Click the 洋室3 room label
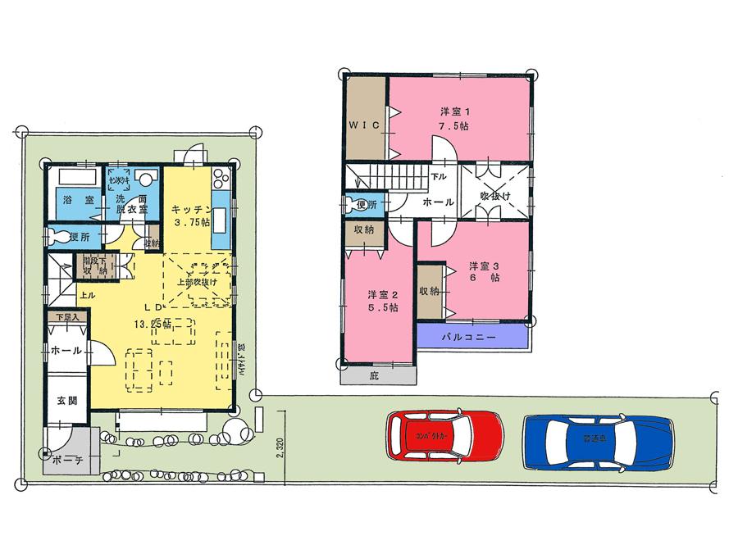(485, 271)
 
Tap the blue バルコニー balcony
(472, 336)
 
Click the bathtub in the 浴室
(75, 179)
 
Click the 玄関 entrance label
(66, 402)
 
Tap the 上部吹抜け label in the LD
(198, 283)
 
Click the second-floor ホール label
(439, 201)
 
